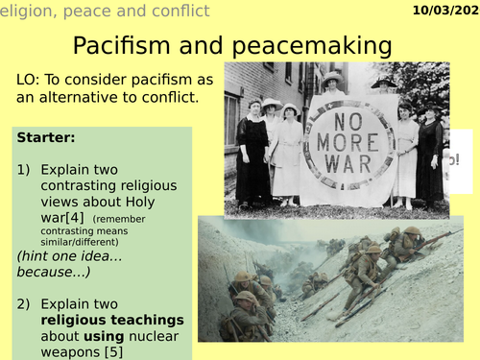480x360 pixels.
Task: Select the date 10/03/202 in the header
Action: pyautogui.click(x=442, y=12)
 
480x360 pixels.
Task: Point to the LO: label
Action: pyautogui.click(x=29, y=81)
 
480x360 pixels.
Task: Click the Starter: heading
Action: pyautogui.click(x=44, y=139)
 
